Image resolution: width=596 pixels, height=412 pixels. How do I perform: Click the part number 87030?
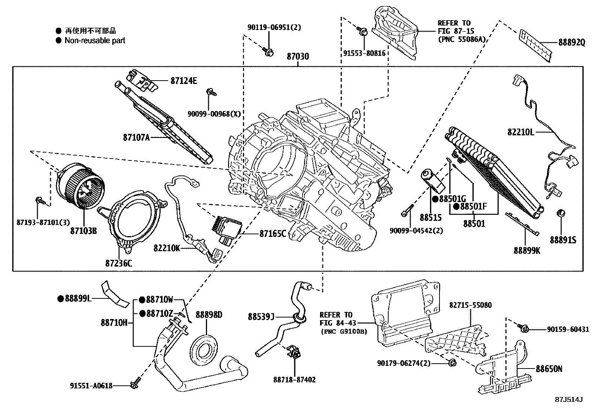coord(298,57)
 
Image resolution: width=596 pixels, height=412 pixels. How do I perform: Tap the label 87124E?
coord(183,80)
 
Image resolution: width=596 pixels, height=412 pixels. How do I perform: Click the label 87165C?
coord(273,234)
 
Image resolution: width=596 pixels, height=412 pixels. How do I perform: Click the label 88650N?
coord(548,369)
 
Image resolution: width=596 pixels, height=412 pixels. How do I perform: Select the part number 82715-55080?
coord(470,305)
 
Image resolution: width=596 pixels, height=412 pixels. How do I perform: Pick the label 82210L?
coord(521,132)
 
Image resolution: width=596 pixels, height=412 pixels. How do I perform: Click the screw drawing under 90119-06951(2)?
coord(268,52)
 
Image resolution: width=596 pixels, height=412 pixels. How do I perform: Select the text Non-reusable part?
coord(95,40)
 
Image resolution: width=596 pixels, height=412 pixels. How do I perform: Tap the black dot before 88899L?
coord(60,298)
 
